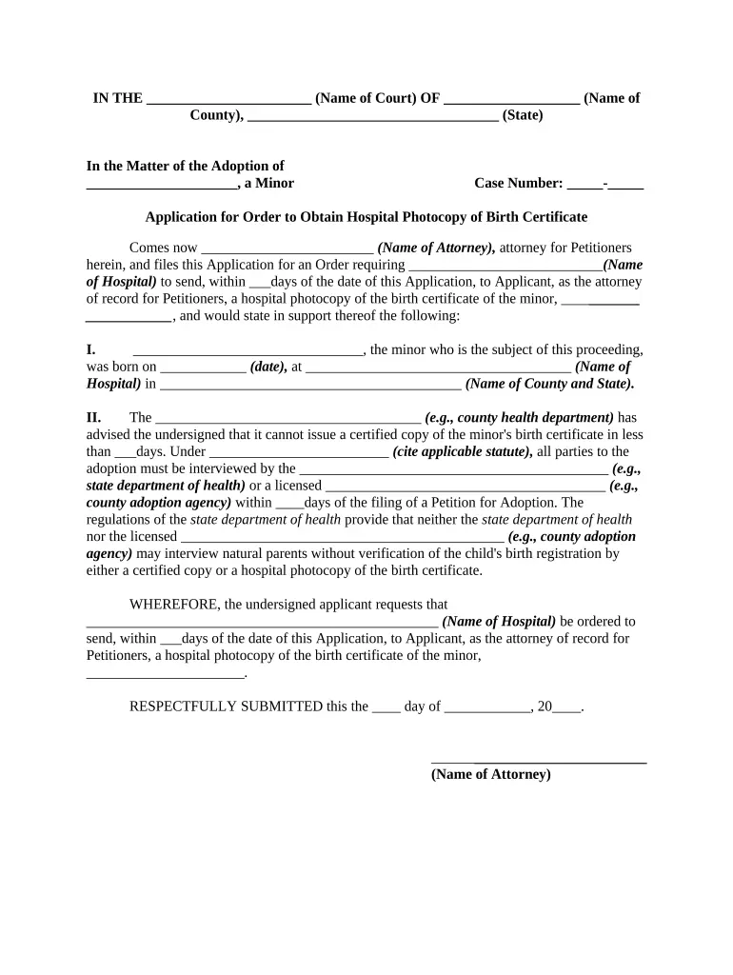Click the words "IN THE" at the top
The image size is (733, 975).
(117, 98)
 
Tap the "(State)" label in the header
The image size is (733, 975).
(523, 115)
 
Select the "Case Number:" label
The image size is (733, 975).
(518, 183)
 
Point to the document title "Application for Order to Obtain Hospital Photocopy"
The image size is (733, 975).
(366, 217)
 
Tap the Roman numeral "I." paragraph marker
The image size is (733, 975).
(91, 349)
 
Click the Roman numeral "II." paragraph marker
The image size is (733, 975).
(93, 417)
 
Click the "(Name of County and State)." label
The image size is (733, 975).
(550, 384)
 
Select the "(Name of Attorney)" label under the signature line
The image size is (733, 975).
(490, 774)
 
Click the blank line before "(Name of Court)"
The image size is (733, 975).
(229, 101)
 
